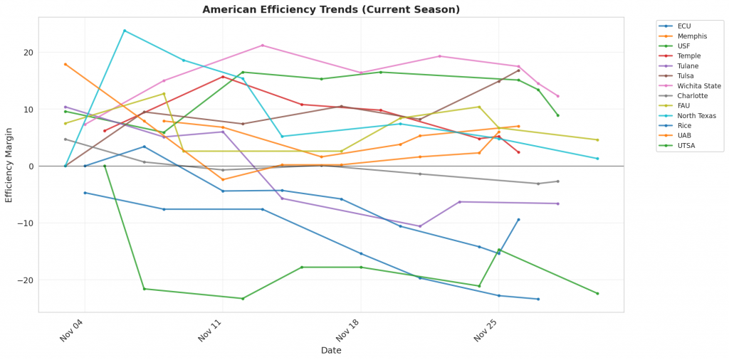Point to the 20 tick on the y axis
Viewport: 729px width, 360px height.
click(28, 53)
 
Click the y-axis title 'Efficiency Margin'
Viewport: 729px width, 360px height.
click(9, 166)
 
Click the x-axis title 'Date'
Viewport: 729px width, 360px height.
click(331, 351)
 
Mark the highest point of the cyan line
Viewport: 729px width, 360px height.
click(125, 31)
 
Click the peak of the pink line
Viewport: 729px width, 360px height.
click(263, 46)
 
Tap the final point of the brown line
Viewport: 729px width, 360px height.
click(518, 70)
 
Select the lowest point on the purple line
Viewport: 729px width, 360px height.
click(420, 226)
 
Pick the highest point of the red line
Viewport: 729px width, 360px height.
click(223, 77)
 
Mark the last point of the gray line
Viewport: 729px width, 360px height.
click(557, 181)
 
